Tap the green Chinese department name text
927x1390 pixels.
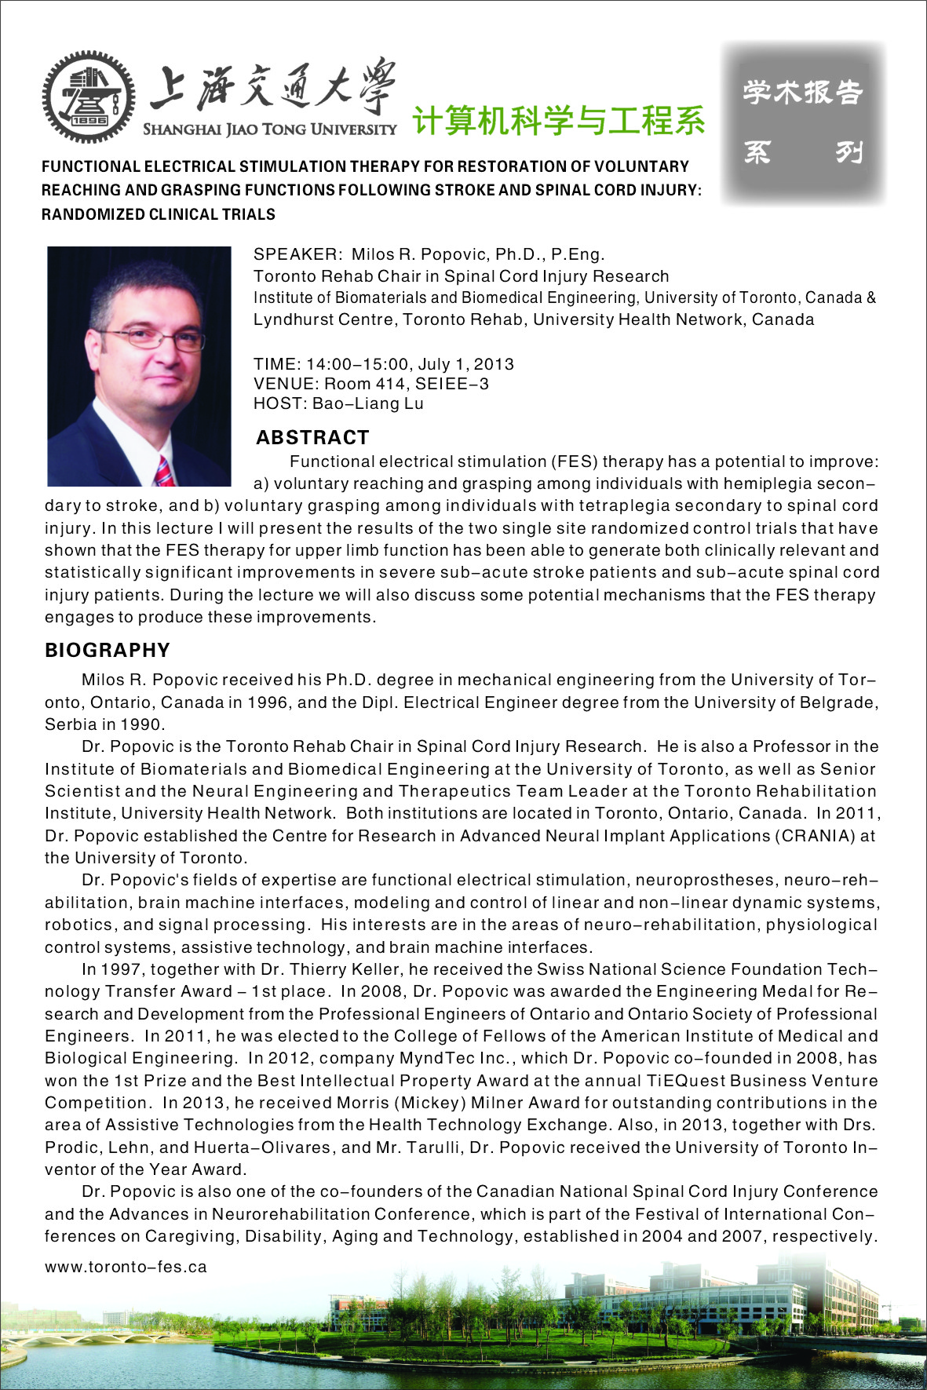pos(558,120)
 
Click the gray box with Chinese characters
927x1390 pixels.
pos(803,122)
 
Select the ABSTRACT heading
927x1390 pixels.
pos(312,437)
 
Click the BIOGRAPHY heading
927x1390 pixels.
pos(108,650)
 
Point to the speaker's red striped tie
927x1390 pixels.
pos(164,471)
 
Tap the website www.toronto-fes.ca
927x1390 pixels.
pos(126,1267)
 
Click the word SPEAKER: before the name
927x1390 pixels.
pos(297,254)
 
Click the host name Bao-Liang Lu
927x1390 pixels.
pos(368,403)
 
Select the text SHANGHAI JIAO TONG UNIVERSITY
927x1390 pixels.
pos(269,130)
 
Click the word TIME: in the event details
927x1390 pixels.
pos(277,364)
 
